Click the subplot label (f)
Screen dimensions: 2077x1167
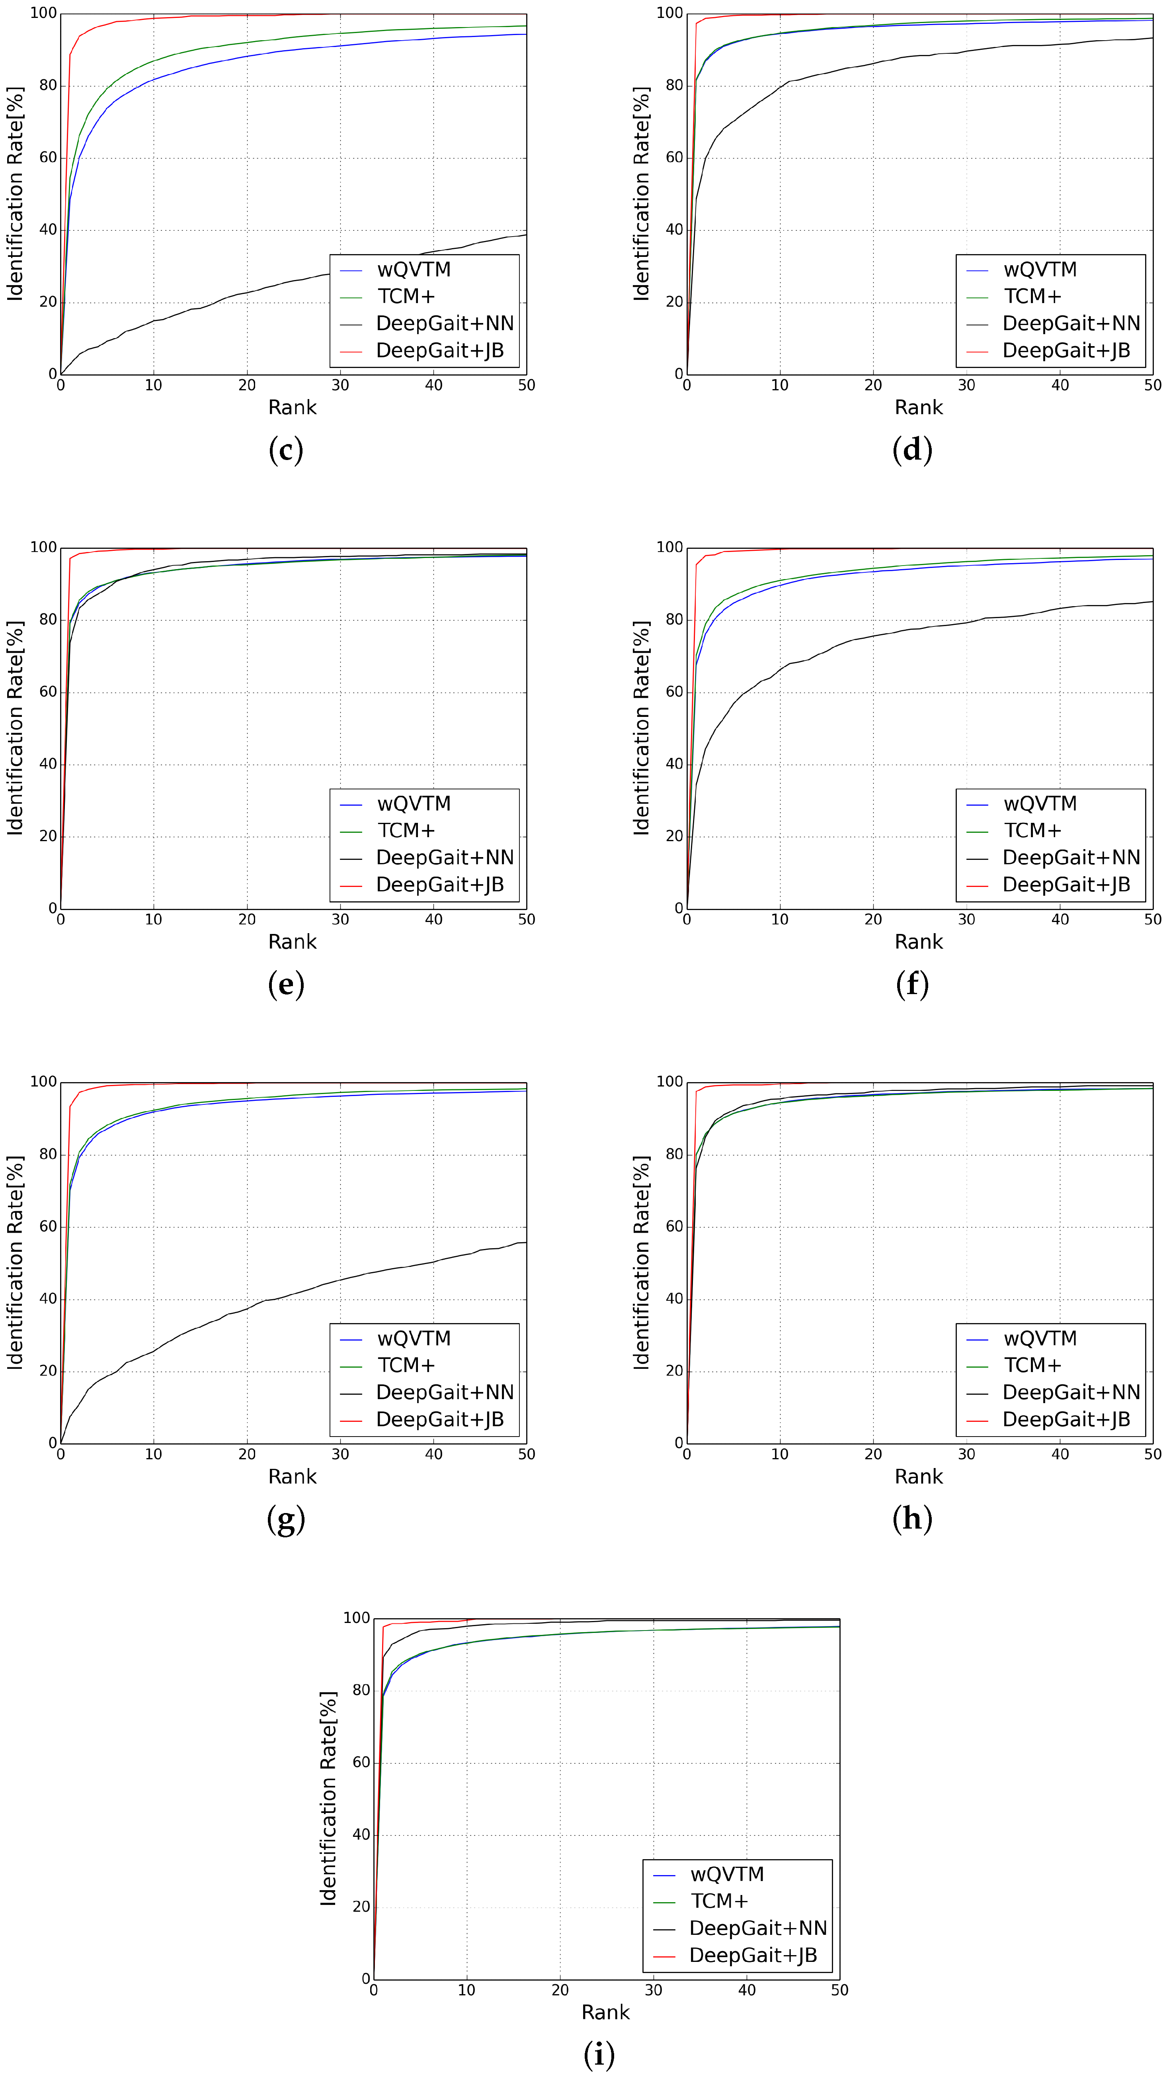click(x=912, y=985)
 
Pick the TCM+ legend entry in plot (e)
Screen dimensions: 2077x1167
click(x=406, y=830)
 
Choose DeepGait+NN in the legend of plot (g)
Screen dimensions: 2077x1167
click(x=444, y=1392)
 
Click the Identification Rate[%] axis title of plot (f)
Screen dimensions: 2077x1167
click(x=642, y=728)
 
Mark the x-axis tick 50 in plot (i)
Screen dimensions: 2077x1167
click(x=840, y=1990)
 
